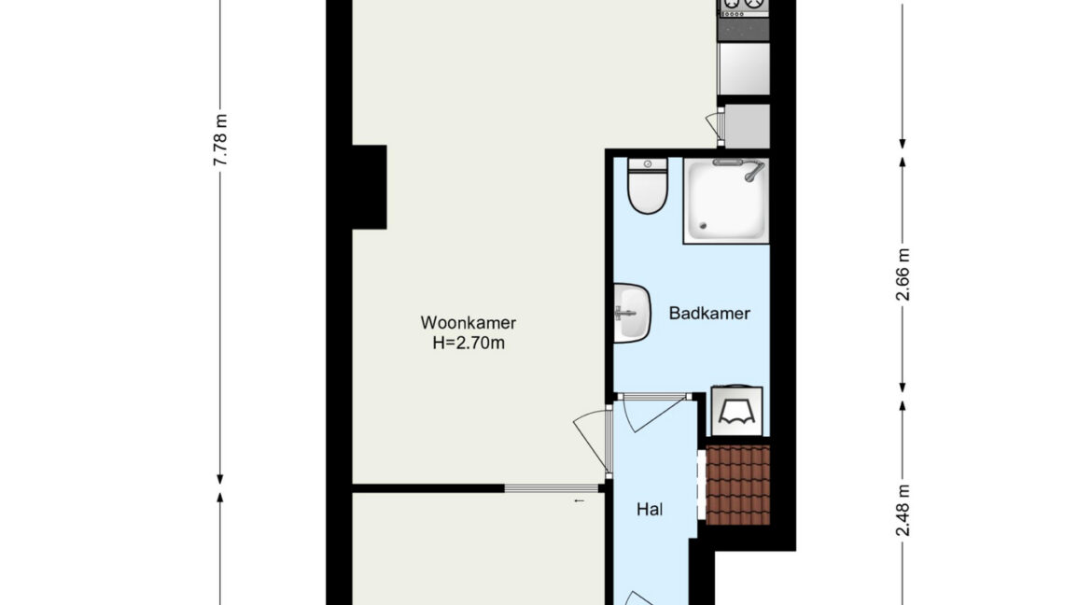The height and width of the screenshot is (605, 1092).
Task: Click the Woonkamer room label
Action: click(x=468, y=323)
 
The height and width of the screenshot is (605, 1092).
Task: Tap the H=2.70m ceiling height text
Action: click(x=468, y=343)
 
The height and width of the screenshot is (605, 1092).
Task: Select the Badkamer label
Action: click(x=709, y=313)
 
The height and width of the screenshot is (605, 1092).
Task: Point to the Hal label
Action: click(x=649, y=510)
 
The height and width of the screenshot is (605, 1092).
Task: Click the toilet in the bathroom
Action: click(x=648, y=186)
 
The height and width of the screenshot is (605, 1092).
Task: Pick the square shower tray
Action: click(x=726, y=201)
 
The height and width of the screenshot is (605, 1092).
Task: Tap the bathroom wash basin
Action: click(x=631, y=313)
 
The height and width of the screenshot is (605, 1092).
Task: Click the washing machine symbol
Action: click(x=736, y=412)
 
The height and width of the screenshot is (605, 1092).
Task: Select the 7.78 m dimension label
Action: click(x=220, y=140)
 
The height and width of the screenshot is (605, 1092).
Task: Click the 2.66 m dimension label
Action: click(x=903, y=274)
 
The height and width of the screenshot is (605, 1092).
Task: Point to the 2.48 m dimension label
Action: click(x=903, y=511)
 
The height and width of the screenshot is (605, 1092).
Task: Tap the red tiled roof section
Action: click(x=738, y=485)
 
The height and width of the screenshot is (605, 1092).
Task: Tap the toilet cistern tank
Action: click(x=648, y=164)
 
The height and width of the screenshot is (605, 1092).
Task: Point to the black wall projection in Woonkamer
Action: click(x=369, y=187)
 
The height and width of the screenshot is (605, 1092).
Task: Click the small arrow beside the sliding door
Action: click(x=579, y=500)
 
